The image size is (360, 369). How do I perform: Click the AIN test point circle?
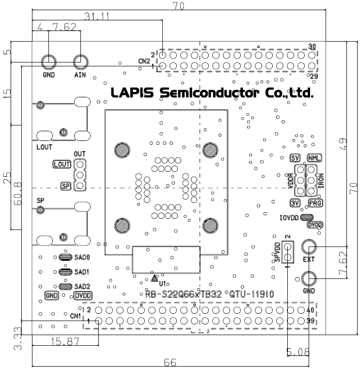pyautogui.click(x=80, y=62)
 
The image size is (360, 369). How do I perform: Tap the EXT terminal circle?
pyautogui.click(x=309, y=247)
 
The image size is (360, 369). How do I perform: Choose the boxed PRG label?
pyautogui.click(x=315, y=203)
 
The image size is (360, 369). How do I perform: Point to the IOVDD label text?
pyautogui.click(x=289, y=217)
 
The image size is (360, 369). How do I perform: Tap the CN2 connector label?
pyautogui.click(x=144, y=61)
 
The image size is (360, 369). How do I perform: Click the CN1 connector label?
pyautogui.click(x=75, y=316)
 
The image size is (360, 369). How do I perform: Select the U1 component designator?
pyautogui.click(x=163, y=282)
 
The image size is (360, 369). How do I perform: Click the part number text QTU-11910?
pyautogui.click(x=251, y=294)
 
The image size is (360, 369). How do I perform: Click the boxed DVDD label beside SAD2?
pyautogui.click(x=84, y=295)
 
